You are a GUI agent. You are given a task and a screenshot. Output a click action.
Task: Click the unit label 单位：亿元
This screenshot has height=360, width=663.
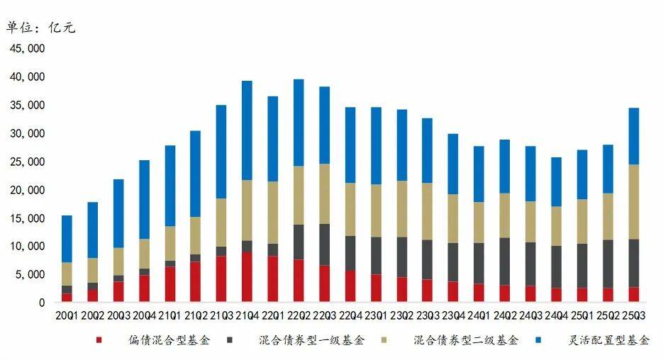coord(40,28)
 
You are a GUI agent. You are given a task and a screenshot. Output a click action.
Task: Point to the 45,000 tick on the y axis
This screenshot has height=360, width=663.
coord(27,48)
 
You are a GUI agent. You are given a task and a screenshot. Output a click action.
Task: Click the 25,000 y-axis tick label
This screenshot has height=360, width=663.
coord(27,162)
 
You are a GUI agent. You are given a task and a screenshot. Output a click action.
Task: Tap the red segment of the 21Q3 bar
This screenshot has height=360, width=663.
coord(221,279)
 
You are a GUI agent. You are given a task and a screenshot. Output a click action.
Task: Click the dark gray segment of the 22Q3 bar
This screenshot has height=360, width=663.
coord(324,244)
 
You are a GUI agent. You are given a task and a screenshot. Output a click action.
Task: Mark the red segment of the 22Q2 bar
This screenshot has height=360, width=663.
coord(299,281)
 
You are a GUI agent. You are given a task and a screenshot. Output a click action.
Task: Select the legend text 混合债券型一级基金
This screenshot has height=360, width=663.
coord(312,341)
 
